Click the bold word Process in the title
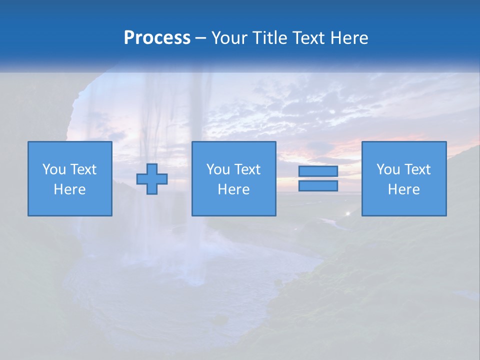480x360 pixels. pos(157,38)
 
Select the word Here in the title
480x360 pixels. pos(349,38)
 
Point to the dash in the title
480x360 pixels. pos(200,38)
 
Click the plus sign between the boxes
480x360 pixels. pos(152,179)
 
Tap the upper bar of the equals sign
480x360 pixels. pos(318,171)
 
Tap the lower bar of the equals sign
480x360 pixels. pos(318,186)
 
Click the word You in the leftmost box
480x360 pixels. pos(53,169)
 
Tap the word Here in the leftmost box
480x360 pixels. pos(70,189)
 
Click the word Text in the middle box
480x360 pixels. pos(247,169)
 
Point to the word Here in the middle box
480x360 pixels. pos(234,189)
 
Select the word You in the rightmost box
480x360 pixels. pos(387,169)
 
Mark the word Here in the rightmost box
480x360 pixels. pos(404,189)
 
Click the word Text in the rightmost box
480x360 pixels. pos(417,169)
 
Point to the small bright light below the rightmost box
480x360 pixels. pos(348,213)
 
